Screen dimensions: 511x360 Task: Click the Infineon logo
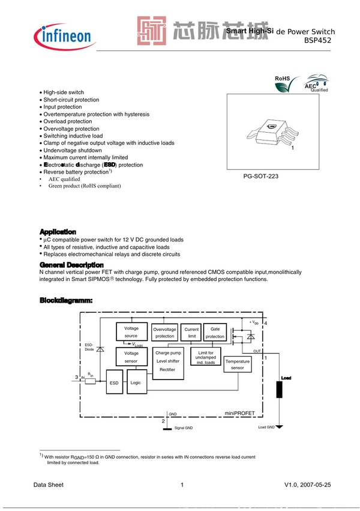[66, 36]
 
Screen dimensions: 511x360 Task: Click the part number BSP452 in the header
[317, 41]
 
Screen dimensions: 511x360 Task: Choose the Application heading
[58, 231]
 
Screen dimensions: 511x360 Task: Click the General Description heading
[71, 265]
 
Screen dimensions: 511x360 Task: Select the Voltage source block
[131, 332]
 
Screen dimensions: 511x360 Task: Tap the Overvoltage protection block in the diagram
[164, 333]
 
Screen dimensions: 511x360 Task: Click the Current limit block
[191, 333]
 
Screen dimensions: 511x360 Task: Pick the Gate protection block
[215, 333]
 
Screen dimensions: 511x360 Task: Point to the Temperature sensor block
[237, 364]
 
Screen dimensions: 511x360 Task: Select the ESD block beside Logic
[114, 382]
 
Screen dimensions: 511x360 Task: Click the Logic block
[136, 382]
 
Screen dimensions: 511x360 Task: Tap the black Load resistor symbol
[278, 389]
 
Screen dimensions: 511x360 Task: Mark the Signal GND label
[183, 428]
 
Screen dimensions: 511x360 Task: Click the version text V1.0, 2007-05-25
[307, 485]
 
